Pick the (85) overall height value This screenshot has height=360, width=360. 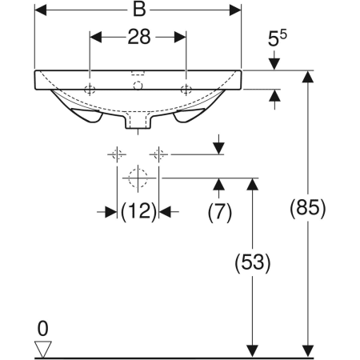[308, 210]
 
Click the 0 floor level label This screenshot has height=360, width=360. [44, 328]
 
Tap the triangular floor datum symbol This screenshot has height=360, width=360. [44, 348]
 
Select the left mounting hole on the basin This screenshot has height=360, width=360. [90, 87]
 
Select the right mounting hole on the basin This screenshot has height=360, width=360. [186, 87]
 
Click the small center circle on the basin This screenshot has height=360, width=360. [138, 84]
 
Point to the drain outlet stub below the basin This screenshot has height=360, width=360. [138, 121]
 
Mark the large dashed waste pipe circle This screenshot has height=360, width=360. [138, 177]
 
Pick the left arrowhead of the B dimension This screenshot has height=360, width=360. [40, 12]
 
